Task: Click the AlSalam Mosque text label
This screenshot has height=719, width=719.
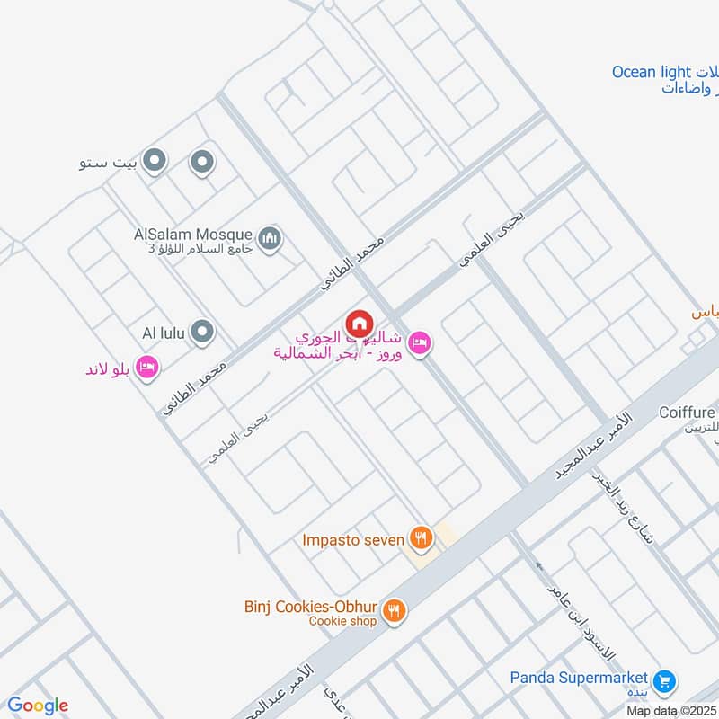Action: (192, 234)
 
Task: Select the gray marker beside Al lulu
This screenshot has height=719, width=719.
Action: (203, 333)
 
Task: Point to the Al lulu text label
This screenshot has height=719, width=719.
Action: (164, 333)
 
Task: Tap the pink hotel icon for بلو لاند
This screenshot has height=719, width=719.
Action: (149, 367)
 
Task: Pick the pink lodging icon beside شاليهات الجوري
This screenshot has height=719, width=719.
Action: (419, 342)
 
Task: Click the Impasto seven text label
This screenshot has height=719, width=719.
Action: (353, 539)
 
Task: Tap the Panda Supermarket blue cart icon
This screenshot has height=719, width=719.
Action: (665, 680)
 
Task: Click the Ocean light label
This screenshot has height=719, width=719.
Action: (652, 72)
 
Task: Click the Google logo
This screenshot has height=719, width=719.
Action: (38, 706)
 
